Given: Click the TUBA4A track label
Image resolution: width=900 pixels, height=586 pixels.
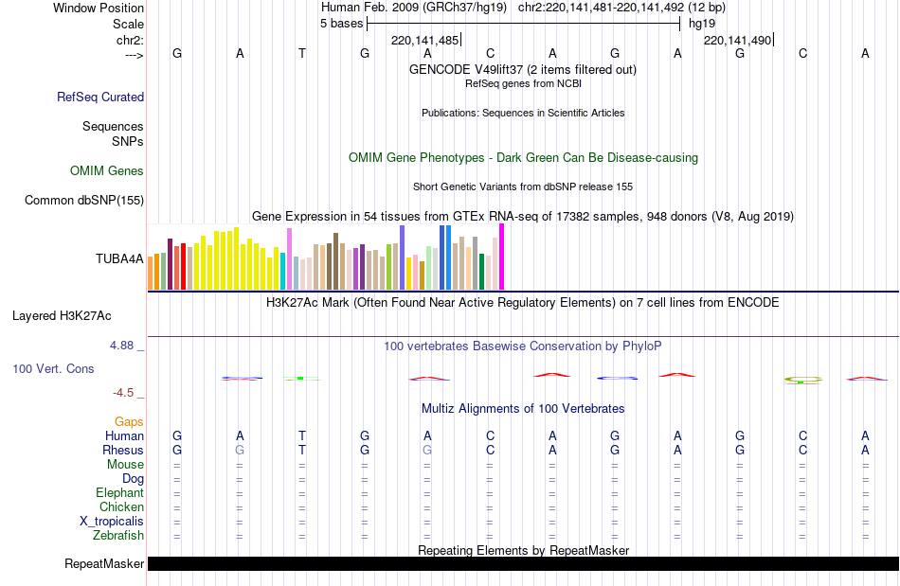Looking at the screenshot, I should tap(119, 257).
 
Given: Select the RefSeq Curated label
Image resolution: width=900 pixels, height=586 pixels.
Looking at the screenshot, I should tap(100, 97).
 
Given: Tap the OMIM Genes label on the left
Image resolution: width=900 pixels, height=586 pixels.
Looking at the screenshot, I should tap(107, 171).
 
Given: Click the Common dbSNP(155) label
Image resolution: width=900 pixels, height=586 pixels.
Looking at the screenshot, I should tap(84, 200).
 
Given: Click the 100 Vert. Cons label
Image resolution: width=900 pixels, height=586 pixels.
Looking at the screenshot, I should tap(54, 368).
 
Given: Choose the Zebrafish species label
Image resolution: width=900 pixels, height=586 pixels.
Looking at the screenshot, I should tap(118, 535).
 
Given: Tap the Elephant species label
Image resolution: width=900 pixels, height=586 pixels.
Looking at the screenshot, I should tap(119, 492).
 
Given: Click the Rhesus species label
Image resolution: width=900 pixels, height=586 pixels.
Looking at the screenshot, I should tap(123, 450).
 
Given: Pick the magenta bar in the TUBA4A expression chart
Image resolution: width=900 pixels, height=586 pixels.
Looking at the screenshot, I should tap(501, 257).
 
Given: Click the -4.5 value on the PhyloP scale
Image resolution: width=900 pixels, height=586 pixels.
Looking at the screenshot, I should tap(123, 392).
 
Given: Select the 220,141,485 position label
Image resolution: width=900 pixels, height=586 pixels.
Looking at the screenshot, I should tap(424, 40).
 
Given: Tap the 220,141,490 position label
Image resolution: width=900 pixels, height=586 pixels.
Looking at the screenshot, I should tap(737, 40).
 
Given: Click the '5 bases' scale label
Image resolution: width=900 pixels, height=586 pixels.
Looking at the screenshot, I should tap(341, 23).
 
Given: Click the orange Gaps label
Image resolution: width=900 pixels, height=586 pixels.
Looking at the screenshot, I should tap(129, 421).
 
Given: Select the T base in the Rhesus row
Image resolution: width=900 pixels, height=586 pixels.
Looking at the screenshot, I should tap(302, 450).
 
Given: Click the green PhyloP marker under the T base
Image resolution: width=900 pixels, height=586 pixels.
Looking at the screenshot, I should tap(300, 378).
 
